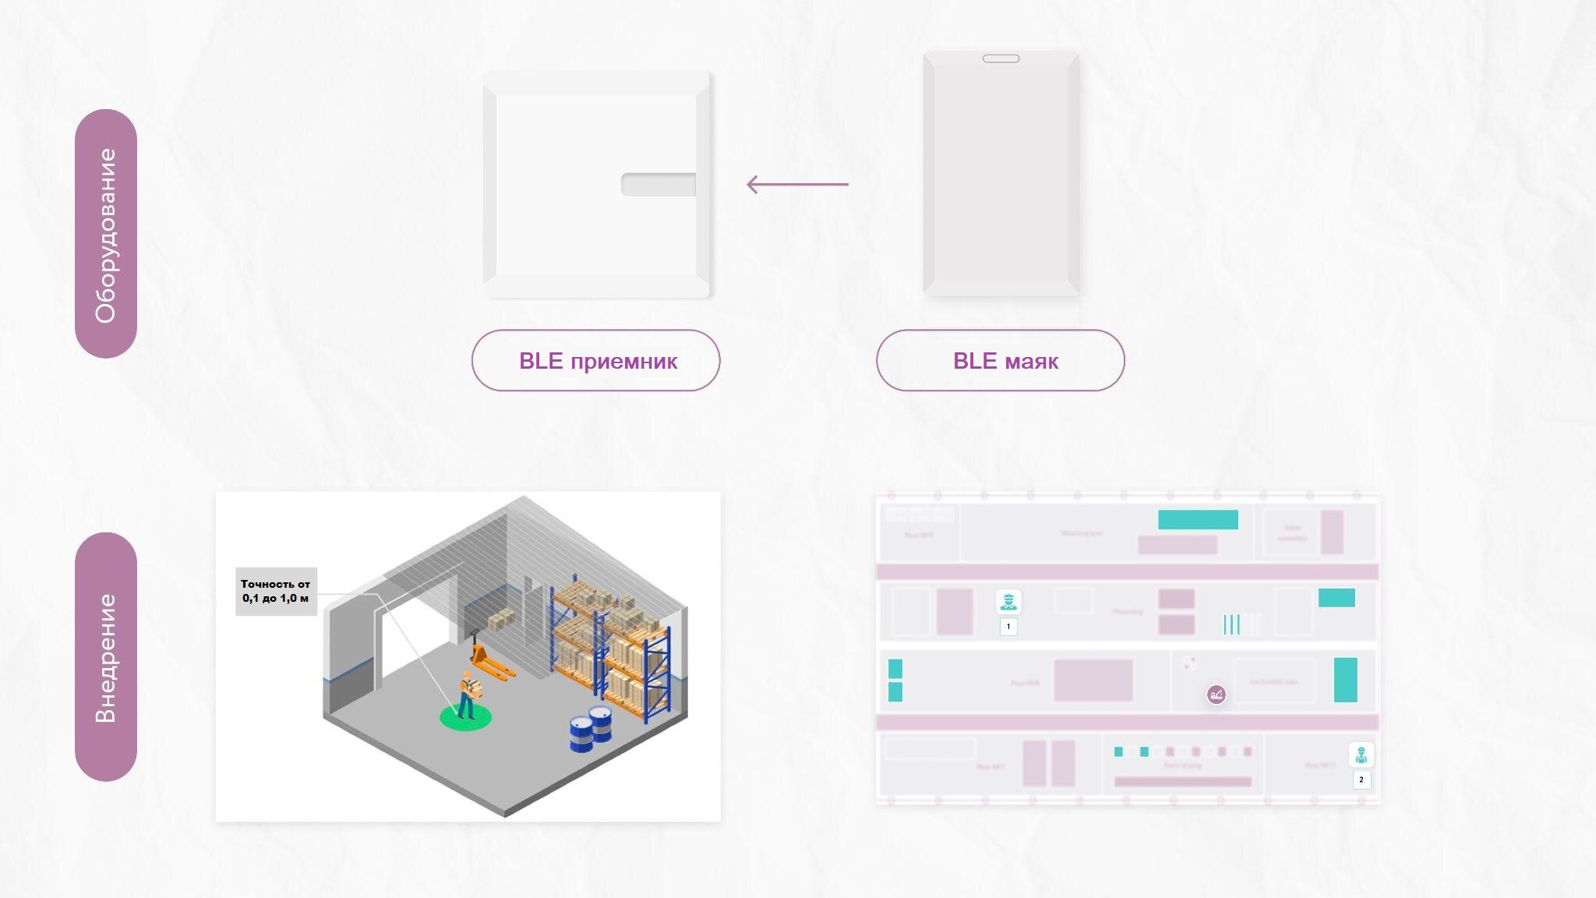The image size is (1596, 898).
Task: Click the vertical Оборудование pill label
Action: coord(106,234)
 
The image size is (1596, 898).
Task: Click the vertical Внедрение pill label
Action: coord(106,657)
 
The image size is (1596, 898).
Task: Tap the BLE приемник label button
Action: coord(596,360)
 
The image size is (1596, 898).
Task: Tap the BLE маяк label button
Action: coord(1001,360)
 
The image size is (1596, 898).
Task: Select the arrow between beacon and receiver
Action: coord(797,185)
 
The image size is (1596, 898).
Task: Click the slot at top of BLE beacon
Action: coord(1001,58)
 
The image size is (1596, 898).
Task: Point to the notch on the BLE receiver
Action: coord(659,185)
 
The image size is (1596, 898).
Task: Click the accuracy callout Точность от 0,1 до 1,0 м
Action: coord(276,591)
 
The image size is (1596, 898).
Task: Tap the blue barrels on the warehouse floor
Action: coord(590,730)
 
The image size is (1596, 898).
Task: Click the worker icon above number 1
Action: coord(1008,602)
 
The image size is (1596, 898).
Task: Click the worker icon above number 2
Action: coord(1361,755)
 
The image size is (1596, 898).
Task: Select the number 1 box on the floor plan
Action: coord(1008,627)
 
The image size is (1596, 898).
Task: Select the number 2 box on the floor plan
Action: coord(1361,780)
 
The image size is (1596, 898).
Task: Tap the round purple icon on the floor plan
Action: coord(1216,695)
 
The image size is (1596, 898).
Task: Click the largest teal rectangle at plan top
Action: coord(1198,520)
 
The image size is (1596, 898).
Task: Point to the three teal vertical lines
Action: coord(1231,624)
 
